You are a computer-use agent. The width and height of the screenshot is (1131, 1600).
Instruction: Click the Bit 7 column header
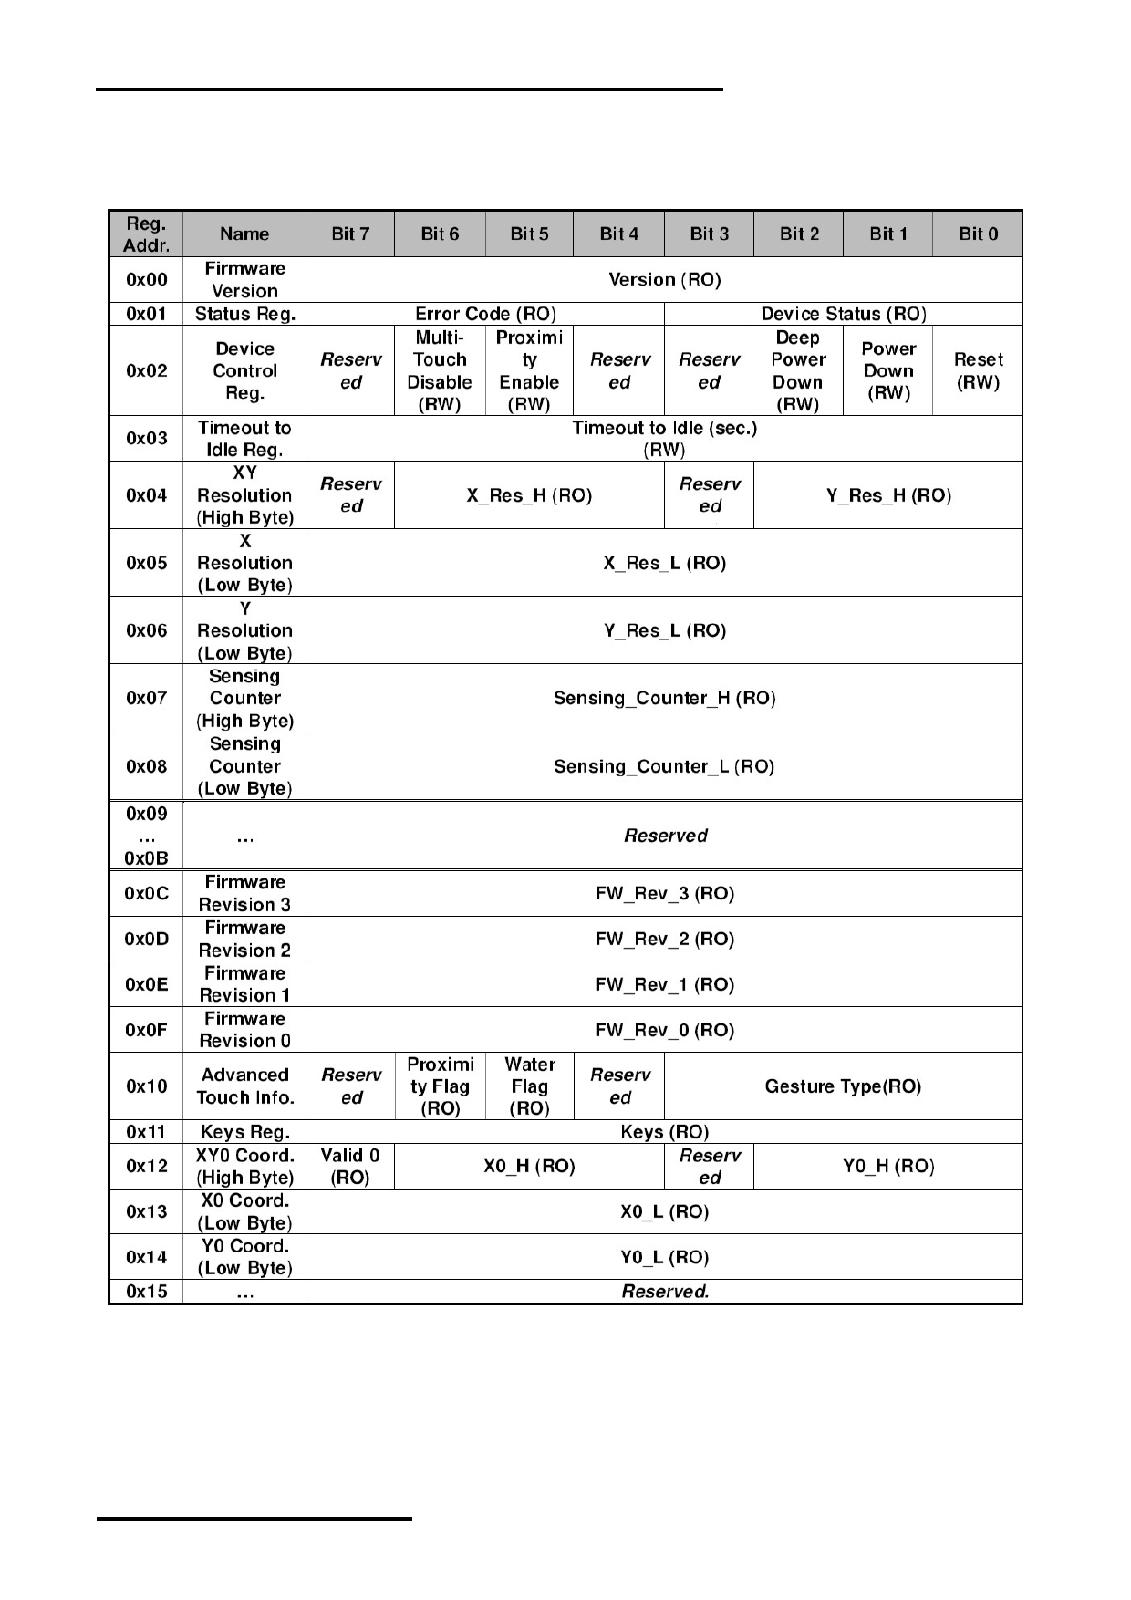pyautogui.click(x=350, y=234)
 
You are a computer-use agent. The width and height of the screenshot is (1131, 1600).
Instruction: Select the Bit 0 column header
pyautogui.click(x=978, y=234)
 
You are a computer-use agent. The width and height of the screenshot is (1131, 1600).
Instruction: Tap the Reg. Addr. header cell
pyautogui.click(x=146, y=234)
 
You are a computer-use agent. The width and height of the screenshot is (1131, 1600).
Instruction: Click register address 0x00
pyautogui.click(x=146, y=279)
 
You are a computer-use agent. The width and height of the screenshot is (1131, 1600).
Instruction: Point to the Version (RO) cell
pyautogui.click(x=664, y=279)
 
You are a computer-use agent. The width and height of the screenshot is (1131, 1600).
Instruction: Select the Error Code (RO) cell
pyautogui.click(x=485, y=314)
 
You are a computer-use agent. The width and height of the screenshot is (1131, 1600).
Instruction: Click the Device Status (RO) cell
pyautogui.click(x=844, y=314)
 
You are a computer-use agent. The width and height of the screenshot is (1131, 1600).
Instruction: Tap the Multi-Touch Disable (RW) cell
pyautogui.click(x=440, y=370)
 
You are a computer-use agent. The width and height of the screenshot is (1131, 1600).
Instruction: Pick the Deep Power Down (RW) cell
pyautogui.click(x=798, y=370)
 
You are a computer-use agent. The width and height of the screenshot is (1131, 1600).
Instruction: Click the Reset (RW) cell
pyautogui.click(x=978, y=370)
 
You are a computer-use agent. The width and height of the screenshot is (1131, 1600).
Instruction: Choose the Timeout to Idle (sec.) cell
pyautogui.click(x=664, y=439)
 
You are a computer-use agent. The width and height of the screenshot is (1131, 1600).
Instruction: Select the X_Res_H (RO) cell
pyautogui.click(x=529, y=495)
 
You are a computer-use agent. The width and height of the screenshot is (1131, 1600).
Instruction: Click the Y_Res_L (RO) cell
pyautogui.click(x=664, y=630)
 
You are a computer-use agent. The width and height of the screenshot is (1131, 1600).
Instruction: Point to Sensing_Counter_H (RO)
pyautogui.click(x=664, y=698)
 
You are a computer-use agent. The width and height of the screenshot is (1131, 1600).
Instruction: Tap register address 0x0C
pyautogui.click(x=146, y=893)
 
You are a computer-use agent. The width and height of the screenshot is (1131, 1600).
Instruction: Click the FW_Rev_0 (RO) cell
pyautogui.click(x=664, y=1030)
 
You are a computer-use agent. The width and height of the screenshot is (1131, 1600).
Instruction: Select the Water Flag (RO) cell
pyautogui.click(x=529, y=1086)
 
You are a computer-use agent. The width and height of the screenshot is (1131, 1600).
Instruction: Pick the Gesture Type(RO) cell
pyautogui.click(x=843, y=1086)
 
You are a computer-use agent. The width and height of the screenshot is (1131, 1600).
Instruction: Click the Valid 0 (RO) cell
pyautogui.click(x=350, y=1167)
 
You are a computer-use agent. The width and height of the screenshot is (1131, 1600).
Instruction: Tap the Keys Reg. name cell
pyautogui.click(x=244, y=1132)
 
